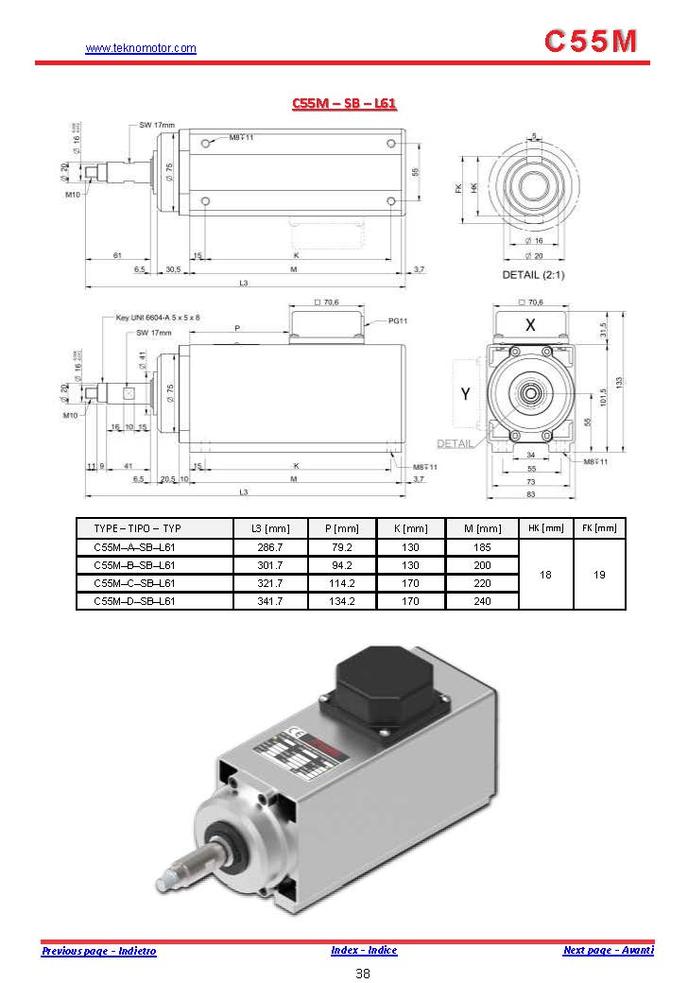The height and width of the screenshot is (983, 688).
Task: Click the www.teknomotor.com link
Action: point(141,48)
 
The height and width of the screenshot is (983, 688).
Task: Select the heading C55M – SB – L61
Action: point(344,103)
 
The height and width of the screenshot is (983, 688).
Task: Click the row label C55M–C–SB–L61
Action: point(134,583)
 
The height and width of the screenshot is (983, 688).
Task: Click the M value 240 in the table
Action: point(482,600)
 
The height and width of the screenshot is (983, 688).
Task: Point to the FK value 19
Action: point(599,574)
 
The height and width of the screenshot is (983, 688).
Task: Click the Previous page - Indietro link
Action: point(99,951)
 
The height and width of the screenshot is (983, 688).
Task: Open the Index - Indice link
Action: point(364,950)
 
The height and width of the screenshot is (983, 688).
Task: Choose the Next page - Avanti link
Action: point(608,950)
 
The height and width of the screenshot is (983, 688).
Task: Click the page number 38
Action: point(363,974)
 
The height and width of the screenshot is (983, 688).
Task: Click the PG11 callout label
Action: point(398,321)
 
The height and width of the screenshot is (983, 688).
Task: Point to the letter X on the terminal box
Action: point(531,324)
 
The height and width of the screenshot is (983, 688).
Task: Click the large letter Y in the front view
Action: point(466,394)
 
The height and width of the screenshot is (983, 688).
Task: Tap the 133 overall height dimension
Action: point(618,382)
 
